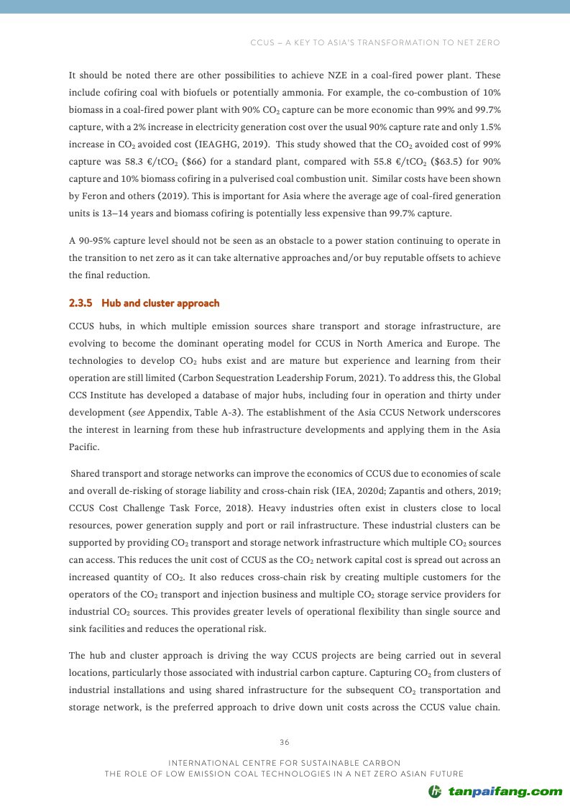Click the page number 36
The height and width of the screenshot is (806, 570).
tap(285, 742)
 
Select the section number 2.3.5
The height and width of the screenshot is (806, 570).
tap(81, 303)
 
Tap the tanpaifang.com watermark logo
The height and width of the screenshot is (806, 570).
tap(495, 792)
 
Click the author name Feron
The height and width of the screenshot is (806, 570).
tap(99, 196)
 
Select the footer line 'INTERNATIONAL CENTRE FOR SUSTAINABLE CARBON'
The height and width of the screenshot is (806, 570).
tap(285, 762)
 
